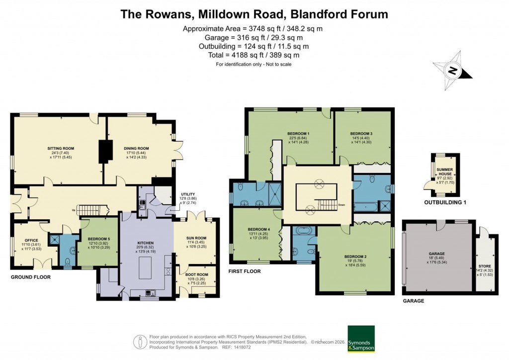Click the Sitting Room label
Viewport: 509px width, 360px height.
click(61, 148)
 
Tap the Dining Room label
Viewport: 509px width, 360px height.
click(136, 148)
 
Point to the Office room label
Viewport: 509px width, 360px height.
click(30, 239)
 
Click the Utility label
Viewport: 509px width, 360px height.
click(188, 194)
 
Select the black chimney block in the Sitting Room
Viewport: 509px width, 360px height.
click(104, 151)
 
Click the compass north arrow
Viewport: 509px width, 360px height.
click(452, 71)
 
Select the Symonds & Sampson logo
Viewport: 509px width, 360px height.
click(361, 339)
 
